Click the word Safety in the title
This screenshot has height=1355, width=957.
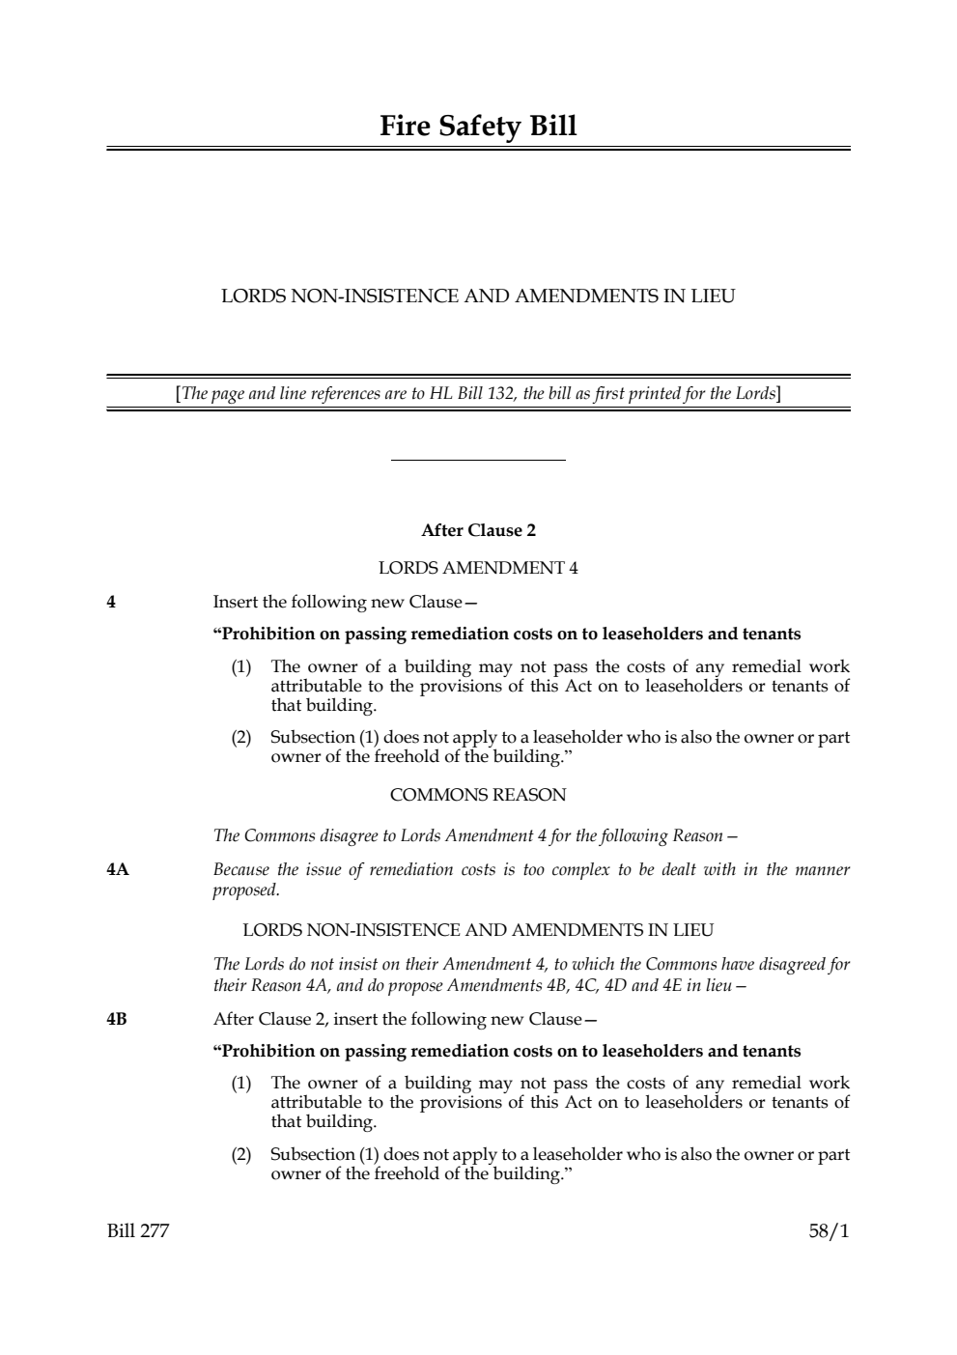click(x=479, y=127)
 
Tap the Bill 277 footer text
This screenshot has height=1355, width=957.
click(x=137, y=1231)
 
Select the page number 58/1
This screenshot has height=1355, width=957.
click(x=829, y=1231)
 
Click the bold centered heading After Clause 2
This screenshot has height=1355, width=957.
click(x=478, y=530)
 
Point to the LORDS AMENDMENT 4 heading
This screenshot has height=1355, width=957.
click(x=478, y=567)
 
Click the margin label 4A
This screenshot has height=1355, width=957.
click(x=117, y=869)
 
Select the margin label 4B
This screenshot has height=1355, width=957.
click(x=117, y=1019)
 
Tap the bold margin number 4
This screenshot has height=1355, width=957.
click(x=111, y=602)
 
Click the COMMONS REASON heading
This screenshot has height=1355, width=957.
click(x=478, y=795)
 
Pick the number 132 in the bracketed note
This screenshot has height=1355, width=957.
click(x=500, y=393)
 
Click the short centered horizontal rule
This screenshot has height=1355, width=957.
click(x=478, y=461)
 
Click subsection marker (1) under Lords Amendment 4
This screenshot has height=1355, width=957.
click(x=240, y=666)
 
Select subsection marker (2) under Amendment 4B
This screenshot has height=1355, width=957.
click(x=240, y=1154)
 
